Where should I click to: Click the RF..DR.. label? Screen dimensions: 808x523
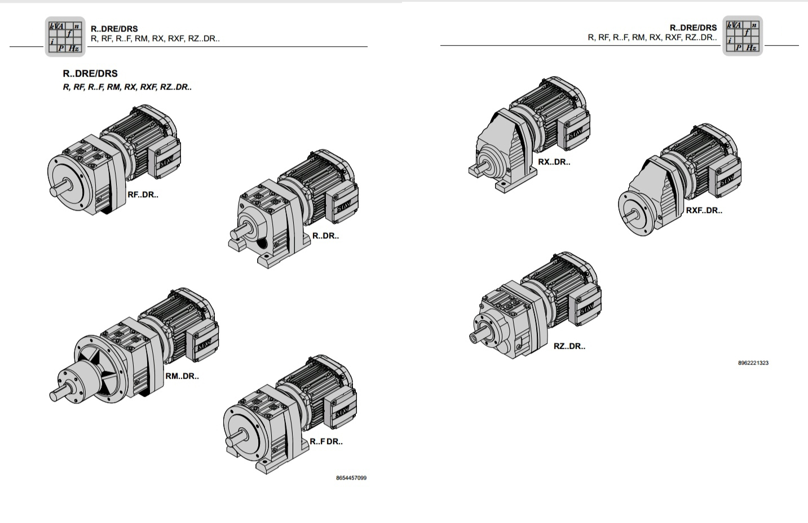click(x=143, y=194)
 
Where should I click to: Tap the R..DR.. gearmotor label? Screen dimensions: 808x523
click(x=325, y=236)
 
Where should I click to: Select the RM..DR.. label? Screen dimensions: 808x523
click(x=182, y=376)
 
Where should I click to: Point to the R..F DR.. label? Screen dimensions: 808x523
click(x=326, y=441)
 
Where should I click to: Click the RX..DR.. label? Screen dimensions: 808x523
click(x=554, y=162)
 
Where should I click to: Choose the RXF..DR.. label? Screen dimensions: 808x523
click(x=704, y=211)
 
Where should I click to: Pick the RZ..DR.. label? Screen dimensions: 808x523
click(x=569, y=347)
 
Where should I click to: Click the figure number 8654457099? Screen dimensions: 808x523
click(x=351, y=478)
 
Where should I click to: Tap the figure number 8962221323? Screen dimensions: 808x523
click(x=753, y=363)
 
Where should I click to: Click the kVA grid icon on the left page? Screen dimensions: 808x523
click(x=65, y=37)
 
